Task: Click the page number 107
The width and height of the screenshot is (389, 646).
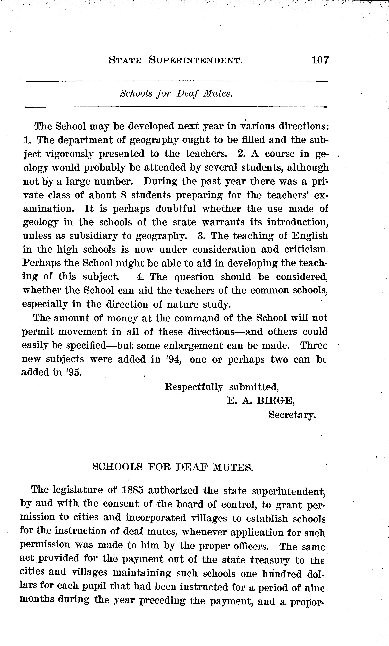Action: coord(320,61)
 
